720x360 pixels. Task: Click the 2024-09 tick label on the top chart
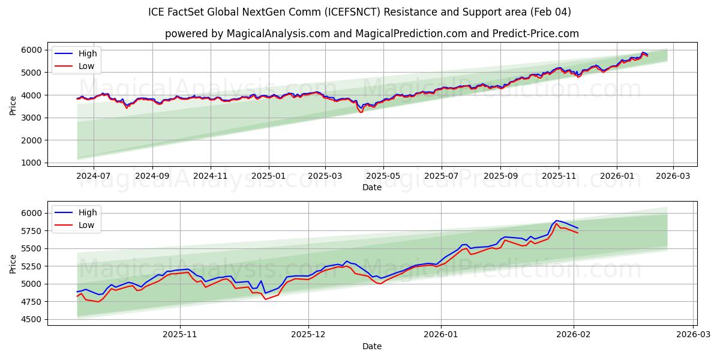pos(152,176)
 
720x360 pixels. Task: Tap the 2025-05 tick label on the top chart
pos(383,176)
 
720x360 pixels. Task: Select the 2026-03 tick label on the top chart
pos(673,176)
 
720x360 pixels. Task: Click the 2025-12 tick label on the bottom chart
pos(308,335)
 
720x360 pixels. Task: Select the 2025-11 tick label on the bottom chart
pos(180,335)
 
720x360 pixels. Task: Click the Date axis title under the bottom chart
pos(372,346)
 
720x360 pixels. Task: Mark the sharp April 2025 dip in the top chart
pos(361,112)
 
